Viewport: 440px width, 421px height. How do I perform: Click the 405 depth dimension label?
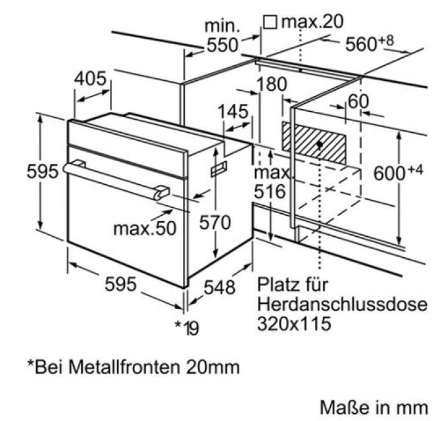tap(89, 80)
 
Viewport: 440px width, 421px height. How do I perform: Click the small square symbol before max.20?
tap(269, 22)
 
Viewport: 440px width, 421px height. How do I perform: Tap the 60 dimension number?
tap(358, 102)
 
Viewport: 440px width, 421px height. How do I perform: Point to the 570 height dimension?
tap(215, 222)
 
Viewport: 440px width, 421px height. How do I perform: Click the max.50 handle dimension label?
tap(145, 228)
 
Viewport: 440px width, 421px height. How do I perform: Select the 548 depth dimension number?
tap(218, 287)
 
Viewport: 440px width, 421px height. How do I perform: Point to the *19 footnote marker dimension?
tap(187, 326)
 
